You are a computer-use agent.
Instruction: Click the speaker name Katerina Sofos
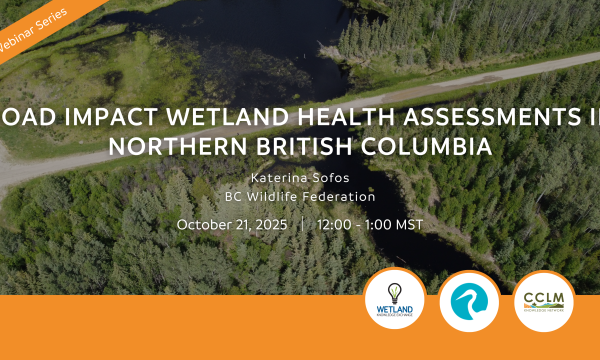point(300,178)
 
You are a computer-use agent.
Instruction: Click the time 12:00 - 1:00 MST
point(369,224)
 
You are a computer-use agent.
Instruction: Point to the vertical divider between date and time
point(301,224)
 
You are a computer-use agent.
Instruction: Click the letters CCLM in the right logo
point(543,298)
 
